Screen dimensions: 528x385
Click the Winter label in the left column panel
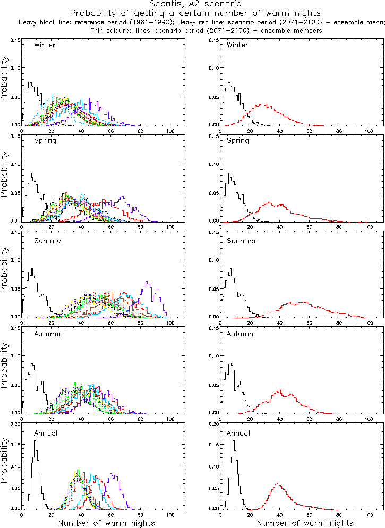tap(45, 45)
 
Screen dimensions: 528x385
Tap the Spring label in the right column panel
tap(237, 141)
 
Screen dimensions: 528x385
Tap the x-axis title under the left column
tap(106, 523)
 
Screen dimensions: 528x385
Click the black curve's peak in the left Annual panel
tap(36, 441)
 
